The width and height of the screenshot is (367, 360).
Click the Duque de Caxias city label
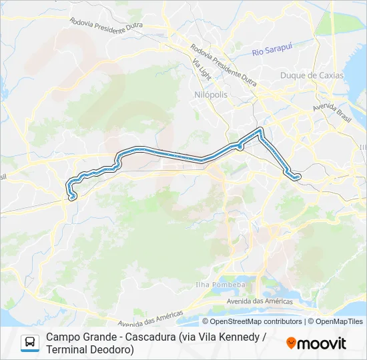pos(312,75)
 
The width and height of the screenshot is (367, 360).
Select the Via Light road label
pos(202,69)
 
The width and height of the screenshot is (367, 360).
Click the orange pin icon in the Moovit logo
pos(291,343)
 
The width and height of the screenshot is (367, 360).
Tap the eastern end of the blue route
pos(298,177)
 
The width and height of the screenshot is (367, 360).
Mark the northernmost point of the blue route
pos(260,129)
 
